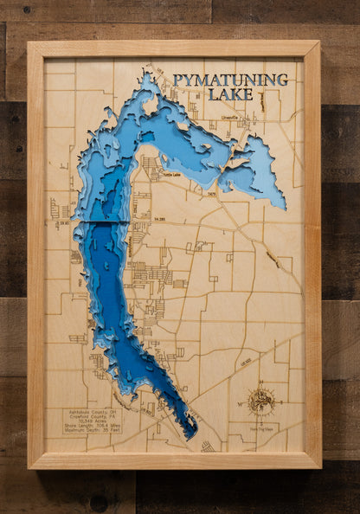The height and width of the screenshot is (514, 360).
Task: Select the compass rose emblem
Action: click(260, 402)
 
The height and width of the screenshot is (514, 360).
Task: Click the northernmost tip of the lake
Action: click(149, 75)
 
